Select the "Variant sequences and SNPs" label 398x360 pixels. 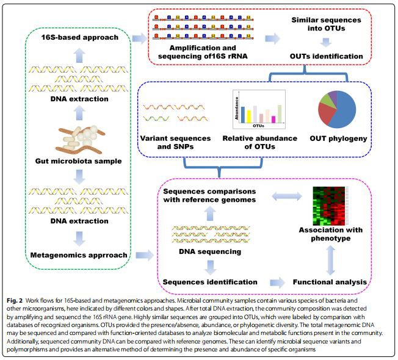point(176,142)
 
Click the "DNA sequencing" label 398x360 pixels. point(210,251)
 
